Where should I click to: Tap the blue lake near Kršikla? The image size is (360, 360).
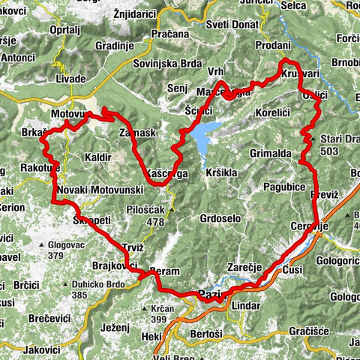205,136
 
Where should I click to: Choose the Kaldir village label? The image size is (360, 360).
99,158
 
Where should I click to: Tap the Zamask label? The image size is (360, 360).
136,132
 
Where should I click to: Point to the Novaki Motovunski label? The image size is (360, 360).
94,190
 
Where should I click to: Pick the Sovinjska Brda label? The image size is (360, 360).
166,63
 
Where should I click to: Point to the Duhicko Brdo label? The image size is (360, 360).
101,285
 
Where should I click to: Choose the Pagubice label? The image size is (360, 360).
283,184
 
